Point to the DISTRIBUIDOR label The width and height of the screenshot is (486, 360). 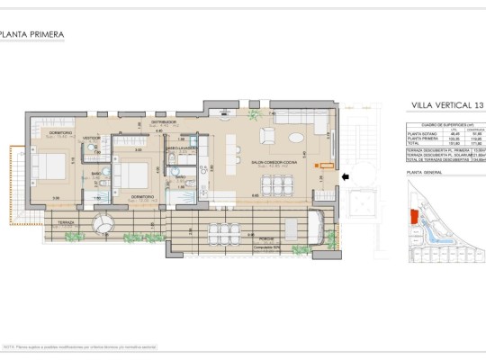pyautogui.click(x=162, y=120)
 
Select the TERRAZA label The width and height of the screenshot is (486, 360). pyautogui.click(x=67, y=220)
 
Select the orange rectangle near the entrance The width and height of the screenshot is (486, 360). pyautogui.click(x=316, y=165)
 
